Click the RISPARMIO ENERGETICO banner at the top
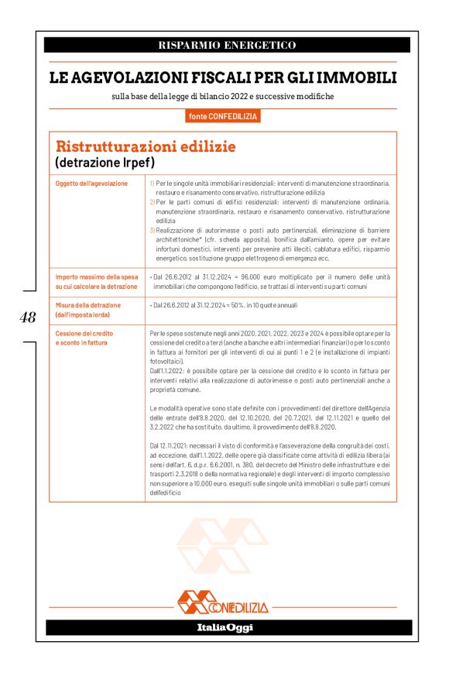(x=227, y=46)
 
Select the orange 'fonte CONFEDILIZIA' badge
(x=224, y=116)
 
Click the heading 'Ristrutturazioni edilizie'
(x=145, y=146)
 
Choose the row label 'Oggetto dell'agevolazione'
(x=92, y=184)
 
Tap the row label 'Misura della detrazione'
(x=88, y=306)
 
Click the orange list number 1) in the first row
(x=152, y=184)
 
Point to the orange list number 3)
(x=152, y=230)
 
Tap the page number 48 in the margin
(x=28, y=317)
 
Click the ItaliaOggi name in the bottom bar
(x=224, y=627)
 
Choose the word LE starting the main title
(x=60, y=77)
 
